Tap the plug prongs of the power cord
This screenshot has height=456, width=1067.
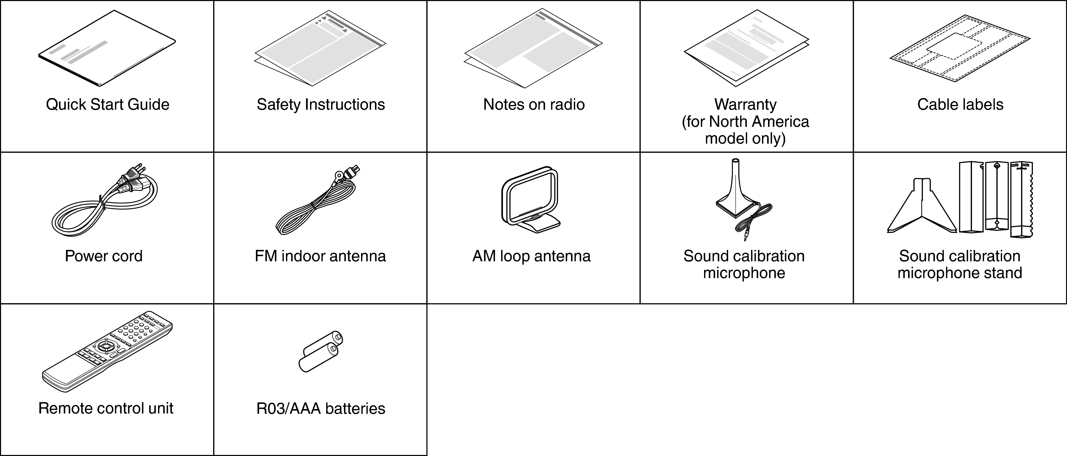pyautogui.click(x=141, y=169)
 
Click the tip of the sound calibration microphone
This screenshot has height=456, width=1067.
pyautogui.click(x=735, y=161)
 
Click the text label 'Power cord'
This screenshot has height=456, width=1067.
pyautogui.click(x=104, y=256)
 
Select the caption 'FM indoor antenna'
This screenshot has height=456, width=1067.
pyautogui.click(x=320, y=256)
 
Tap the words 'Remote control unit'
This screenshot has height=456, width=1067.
pyautogui.click(x=105, y=408)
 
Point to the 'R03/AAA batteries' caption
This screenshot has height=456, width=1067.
pyautogui.click(x=321, y=409)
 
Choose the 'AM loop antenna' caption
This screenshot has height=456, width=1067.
pyautogui.click(x=531, y=256)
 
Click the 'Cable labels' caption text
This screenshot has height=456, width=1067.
pyautogui.click(x=960, y=104)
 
